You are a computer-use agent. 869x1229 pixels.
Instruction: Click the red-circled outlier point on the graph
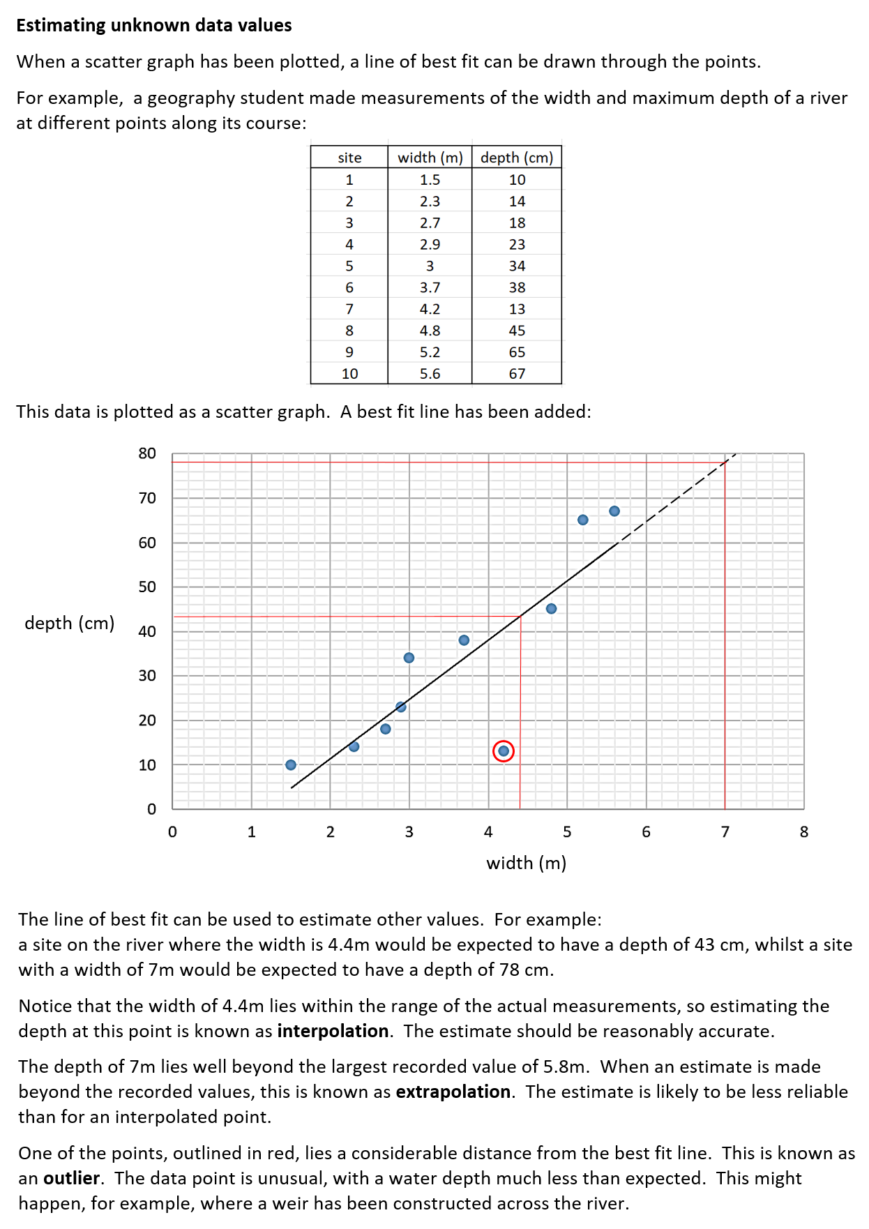504,751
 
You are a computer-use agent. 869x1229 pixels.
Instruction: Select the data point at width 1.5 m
291,765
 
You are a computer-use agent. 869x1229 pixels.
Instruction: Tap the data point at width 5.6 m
614,511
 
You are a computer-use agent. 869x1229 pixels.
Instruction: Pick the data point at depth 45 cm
551,609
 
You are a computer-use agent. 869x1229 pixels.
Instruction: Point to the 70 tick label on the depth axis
147,498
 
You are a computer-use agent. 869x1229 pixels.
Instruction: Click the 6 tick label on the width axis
646,832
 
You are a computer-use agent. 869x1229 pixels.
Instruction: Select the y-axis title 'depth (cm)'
70,623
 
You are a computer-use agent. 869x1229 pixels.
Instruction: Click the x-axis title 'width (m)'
527,864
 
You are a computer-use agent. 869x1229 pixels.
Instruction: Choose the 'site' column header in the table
349,158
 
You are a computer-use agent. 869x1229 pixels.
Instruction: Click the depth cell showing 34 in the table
517,266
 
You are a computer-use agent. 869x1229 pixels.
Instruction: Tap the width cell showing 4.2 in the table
430,309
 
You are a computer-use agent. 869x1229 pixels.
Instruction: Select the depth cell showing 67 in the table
517,374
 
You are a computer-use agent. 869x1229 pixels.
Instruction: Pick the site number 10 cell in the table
349,374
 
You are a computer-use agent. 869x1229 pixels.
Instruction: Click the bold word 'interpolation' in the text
333,1031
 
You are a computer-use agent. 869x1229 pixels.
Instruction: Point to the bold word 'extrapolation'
453,1092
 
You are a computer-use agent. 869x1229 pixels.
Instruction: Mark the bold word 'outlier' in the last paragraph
71,1178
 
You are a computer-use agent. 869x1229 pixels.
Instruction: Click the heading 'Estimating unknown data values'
154,25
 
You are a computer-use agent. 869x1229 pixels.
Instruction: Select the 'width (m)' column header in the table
430,158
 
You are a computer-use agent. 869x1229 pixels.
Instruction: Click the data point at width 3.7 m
464,640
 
